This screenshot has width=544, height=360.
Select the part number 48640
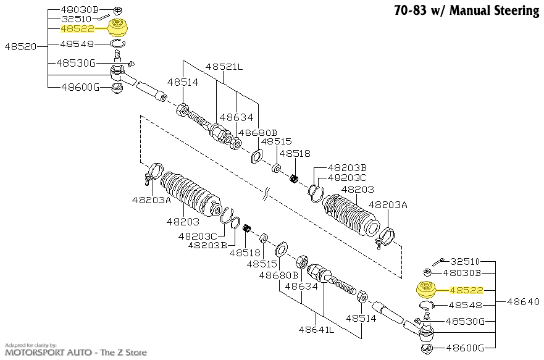tap(523, 302)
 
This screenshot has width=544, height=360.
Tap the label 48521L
tap(224, 66)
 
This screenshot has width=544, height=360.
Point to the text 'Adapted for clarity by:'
tap(31, 345)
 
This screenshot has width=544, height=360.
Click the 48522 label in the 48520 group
tap(78, 28)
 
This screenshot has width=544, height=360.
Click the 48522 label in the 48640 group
tap(467, 289)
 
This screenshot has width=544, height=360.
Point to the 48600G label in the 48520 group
tap(80, 87)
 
